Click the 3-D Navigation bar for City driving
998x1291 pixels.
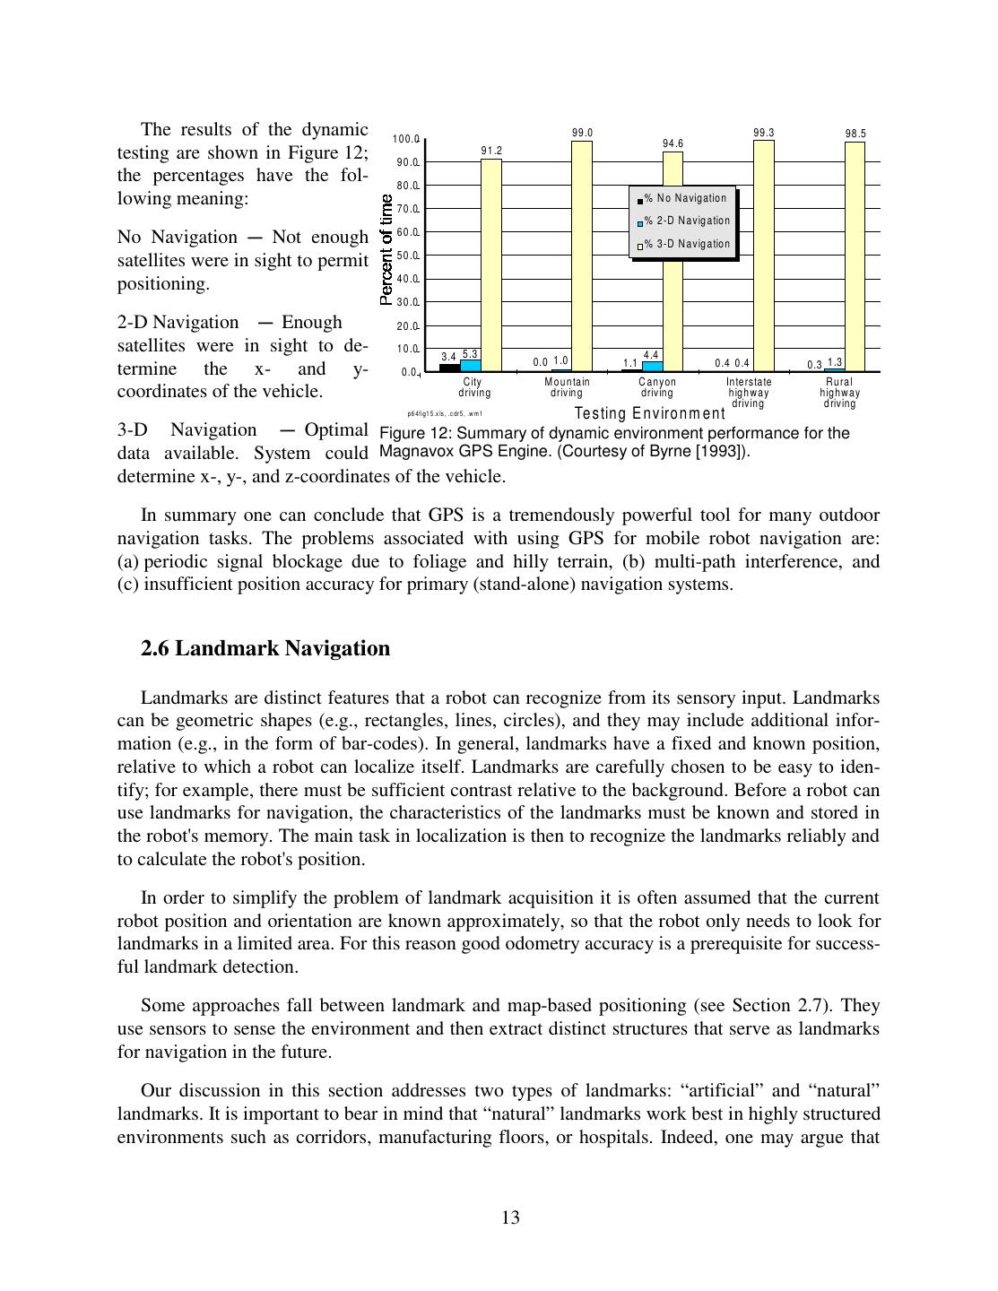pos(491,264)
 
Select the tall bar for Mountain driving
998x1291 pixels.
pos(582,256)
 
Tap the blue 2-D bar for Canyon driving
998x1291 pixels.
pos(653,366)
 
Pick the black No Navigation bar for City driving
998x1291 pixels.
pos(449,368)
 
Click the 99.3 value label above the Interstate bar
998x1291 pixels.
pos(764,133)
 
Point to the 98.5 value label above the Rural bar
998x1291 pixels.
pos(855,134)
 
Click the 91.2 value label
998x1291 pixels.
pos(491,152)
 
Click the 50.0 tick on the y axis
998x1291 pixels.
pos(408,256)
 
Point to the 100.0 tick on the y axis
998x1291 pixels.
pos(406,139)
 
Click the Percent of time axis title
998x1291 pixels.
pos(386,250)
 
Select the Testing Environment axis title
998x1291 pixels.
pos(649,413)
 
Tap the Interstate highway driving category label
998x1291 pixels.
pos(749,393)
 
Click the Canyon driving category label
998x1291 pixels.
pos(657,387)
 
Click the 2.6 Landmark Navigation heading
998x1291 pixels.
pos(265,648)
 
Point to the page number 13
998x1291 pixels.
pos(510,1217)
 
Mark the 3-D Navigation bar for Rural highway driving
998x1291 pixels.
pos(855,256)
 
